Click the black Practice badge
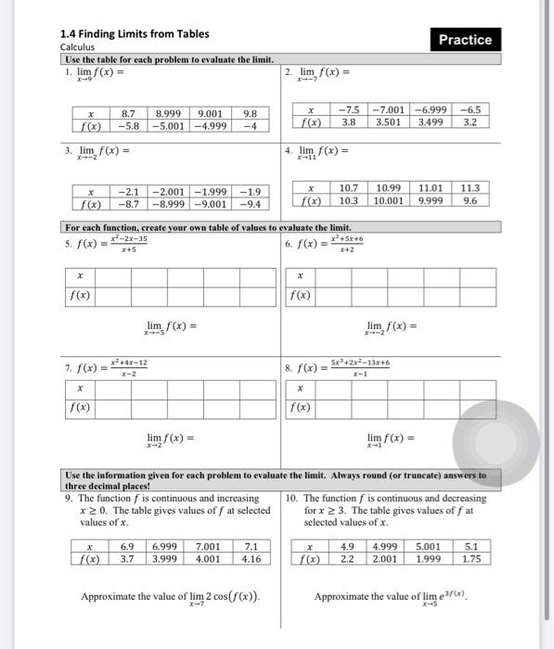(x=465, y=40)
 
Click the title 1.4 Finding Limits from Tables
(x=135, y=34)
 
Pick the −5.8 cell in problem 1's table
(x=130, y=126)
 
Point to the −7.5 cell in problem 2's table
(x=349, y=108)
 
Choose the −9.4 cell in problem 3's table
(x=249, y=204)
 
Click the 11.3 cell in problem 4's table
(x=470, y=187)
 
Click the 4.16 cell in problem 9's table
(x=251, y=559)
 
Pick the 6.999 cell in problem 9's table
(x=165, y=546)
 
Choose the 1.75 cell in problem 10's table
(x=471, y=559)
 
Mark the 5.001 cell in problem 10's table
(x=429, y=546)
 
